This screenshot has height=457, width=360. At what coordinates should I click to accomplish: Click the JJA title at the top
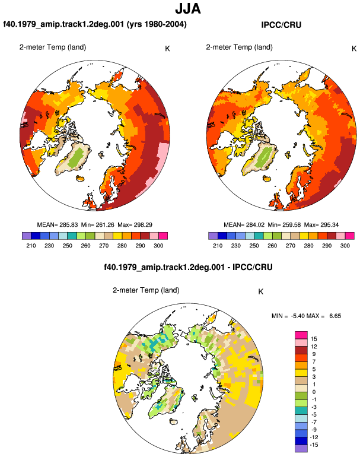click(x=188, y=9)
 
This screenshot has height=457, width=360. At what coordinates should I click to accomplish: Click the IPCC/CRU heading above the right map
click(x=281, y=25)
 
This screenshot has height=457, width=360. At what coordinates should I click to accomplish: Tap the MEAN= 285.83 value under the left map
click(x=58, y=225)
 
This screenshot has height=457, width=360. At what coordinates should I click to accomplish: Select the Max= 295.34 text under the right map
click(x=321, y=225)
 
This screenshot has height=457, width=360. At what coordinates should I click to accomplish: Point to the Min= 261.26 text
click(x=98, y=225)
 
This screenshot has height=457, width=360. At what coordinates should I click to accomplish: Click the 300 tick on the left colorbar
click(x=158, y=246)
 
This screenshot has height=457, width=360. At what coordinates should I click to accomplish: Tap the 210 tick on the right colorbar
click(x=218, y=246)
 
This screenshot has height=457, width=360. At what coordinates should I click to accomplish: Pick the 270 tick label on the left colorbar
click(x=104, y=246)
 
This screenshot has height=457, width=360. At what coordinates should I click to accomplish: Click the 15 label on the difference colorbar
click(x=314, y=339)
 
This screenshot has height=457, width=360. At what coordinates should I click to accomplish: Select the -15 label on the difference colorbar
click(x=313, y=445)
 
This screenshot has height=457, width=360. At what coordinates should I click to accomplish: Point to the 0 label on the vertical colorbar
click(x=314, y=392)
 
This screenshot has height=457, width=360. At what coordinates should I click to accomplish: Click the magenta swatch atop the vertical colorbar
click(x=301, y=335)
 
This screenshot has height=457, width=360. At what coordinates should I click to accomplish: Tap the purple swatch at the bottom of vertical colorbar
click(x=301, y=449)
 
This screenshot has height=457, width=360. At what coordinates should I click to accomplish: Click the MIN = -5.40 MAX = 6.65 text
click(x=306, y=316)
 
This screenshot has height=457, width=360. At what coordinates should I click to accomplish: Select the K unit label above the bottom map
click(x=261, y=292)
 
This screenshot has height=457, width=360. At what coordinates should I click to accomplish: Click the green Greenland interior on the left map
click(x=77, y=157)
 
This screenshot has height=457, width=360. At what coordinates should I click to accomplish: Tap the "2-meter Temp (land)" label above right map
click(x=239, y=47)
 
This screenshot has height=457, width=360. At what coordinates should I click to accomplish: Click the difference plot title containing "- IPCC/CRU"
click(x=188, y=267)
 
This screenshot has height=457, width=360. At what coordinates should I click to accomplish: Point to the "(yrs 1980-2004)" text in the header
click(x=157, y=24)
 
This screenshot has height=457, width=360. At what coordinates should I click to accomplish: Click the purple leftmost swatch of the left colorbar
click(x=26, y=236)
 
